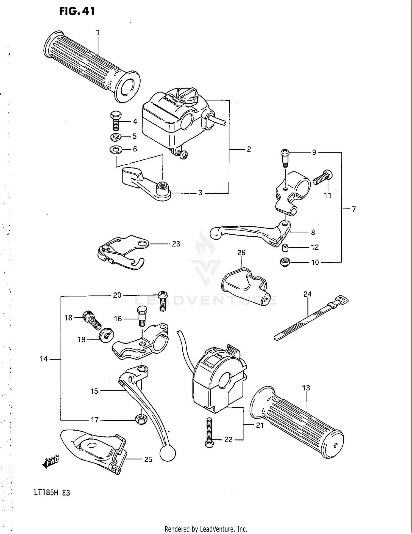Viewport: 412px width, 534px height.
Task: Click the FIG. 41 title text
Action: tap(77, 11)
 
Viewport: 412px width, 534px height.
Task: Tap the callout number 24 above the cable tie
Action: tap(307, 294)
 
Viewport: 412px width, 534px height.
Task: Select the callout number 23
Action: tap(176, 244)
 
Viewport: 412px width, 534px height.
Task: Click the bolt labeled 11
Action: tap(323, 177)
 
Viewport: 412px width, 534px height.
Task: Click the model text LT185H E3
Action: tap(52, 493)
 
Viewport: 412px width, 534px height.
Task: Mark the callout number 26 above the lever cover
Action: tap(241, 253)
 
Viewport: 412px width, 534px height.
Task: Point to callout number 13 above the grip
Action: tap(306, 388)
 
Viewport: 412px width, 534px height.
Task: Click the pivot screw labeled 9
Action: tap(285, 157)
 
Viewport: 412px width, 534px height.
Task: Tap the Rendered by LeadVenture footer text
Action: tap(206, 529)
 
